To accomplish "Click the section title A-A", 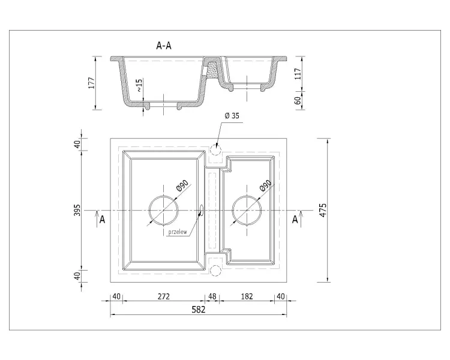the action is coord(164,46).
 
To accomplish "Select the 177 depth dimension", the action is coord(91,83).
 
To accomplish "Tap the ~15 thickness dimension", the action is coord(139,85).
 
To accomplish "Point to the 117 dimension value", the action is coord(298,74).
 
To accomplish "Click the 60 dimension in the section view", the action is coord(298,100).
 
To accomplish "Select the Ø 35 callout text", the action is coord(232,116).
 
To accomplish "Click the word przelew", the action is coord(178,232).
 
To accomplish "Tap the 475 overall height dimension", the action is coord(323,210).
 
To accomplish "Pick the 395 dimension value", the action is coord(77,211).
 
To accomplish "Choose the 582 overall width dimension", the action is coord(199,309).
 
